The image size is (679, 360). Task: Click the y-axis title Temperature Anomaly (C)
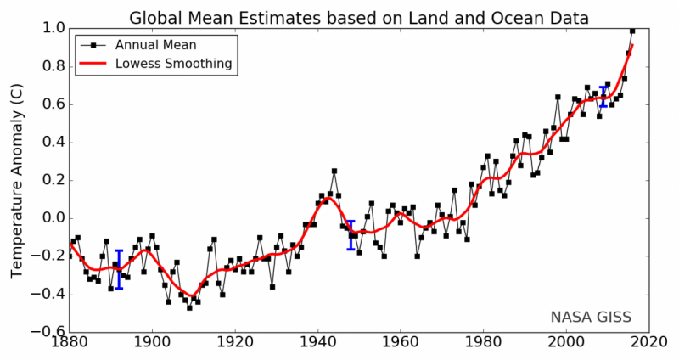click(x=16, y=179)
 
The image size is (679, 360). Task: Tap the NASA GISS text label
click(x=591, y=318)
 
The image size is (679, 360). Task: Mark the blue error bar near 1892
click(x=119, y=269)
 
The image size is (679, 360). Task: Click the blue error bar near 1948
click(x=351, y=234)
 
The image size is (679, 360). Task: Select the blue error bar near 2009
click(x=603, y=96)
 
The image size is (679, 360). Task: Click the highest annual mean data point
click(x=632, y=31)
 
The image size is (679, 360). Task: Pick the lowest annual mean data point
click(x=189, y=307)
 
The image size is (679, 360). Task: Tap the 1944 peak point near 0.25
click(x=334, y=171)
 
